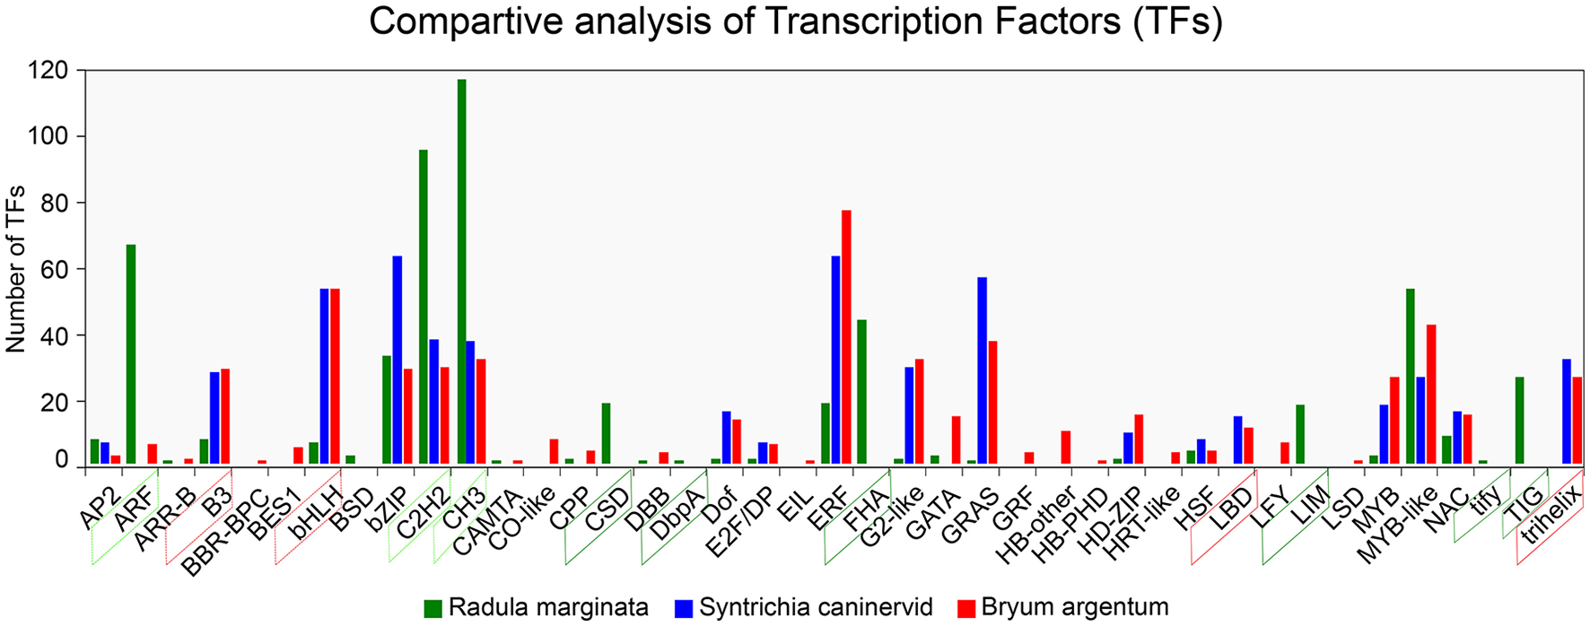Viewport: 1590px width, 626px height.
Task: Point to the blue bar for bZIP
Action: tap(397, 360)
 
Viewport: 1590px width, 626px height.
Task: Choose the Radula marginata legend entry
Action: tap(537, 607)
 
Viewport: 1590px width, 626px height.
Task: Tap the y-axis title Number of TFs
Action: tap(16, 269)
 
